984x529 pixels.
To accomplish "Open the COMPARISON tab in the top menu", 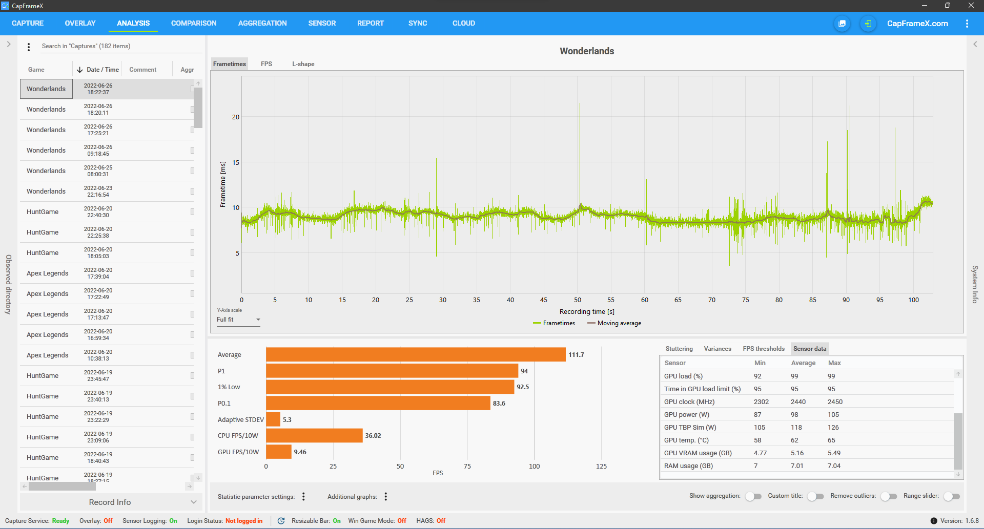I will (x=194, y=23).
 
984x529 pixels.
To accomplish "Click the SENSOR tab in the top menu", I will (x=322, y=23).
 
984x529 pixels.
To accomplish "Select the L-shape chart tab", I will (x=303, y=64).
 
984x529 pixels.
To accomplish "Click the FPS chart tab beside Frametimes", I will (x=266, y=64).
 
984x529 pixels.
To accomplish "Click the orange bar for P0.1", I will (x=378, y=403).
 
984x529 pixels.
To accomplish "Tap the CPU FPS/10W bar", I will (x=314, y=436).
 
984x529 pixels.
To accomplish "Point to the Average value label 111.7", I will (x=576, y=355).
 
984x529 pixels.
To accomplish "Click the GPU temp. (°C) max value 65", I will (x=831, y=440).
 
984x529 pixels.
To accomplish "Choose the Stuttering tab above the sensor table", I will (x=679, y=349).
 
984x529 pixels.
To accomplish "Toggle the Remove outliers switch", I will (x=889, y=496).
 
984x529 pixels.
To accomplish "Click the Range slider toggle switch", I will (x=952, y=496).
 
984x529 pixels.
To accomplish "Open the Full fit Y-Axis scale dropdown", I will (x=238, y=320).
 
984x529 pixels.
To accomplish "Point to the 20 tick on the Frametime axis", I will (x=236, y=117).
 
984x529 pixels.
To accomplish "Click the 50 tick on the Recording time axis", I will (x=578, y=300).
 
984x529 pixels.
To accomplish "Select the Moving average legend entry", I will (x=614, y=323).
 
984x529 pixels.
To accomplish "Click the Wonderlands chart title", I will (x=587, y=51).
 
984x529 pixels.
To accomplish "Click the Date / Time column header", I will (x=102, y=70).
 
